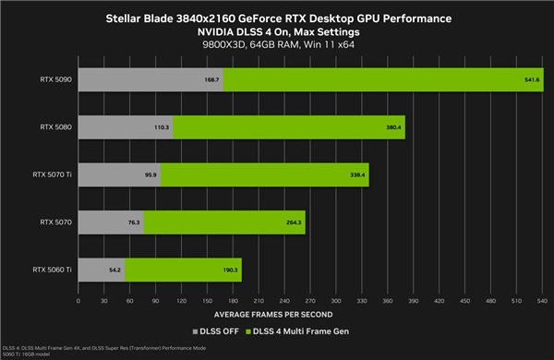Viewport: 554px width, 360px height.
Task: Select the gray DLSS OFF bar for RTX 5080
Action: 125,126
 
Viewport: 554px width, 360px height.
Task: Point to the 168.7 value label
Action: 212,79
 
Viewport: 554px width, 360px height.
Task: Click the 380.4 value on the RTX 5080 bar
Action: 367,126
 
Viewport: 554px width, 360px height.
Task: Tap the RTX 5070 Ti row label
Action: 53,174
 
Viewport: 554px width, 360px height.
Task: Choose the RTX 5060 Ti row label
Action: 52,270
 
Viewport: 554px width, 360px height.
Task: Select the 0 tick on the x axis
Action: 78,300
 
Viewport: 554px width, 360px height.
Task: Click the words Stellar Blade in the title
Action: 142,18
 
